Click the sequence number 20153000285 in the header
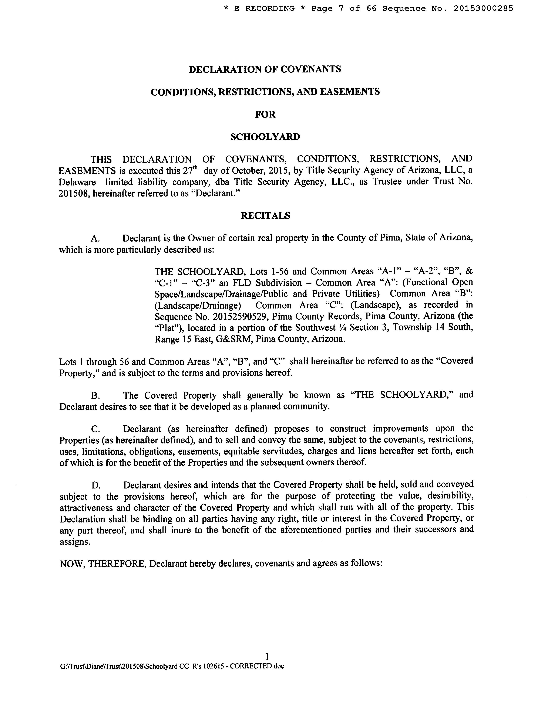click(x=483, y=8)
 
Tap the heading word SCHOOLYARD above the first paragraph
click(x=265, y=137)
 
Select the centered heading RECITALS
click(x=265, y=216)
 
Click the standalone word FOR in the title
click(x=265, y=115)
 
